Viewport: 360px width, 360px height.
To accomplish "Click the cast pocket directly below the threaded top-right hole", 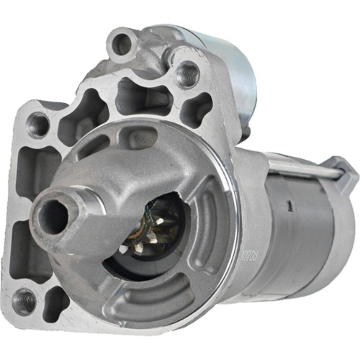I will [196, 108].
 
